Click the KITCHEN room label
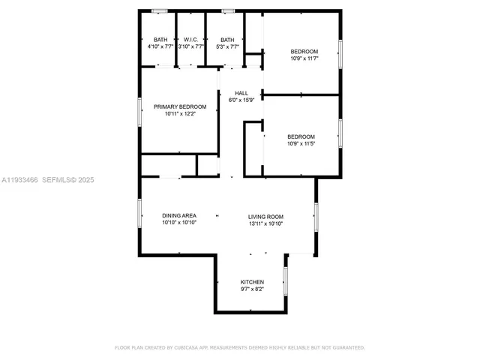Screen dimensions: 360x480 pos(252,282)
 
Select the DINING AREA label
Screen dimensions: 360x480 pos(179,216)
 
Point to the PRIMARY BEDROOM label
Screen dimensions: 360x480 pos(180,106)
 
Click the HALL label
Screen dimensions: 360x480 pos(241,93)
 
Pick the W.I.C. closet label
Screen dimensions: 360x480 pos(190,40)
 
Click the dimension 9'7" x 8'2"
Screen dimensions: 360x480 pos(252,289)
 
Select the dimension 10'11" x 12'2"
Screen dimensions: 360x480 pos(180,114)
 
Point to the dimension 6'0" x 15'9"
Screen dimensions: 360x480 pos(241,100)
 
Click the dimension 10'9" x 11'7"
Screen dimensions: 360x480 pos(305,58)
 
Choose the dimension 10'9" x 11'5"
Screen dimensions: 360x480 pos(301,143)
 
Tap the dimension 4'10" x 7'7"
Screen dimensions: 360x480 pos(160,46)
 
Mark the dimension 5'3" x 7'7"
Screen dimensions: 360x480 pos(226,46)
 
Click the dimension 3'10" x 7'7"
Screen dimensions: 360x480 pos(190,46)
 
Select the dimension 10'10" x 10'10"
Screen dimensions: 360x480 pos(179,223)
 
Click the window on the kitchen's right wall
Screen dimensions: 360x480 pos(286,280)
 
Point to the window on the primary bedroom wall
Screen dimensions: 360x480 pos(139,113)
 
